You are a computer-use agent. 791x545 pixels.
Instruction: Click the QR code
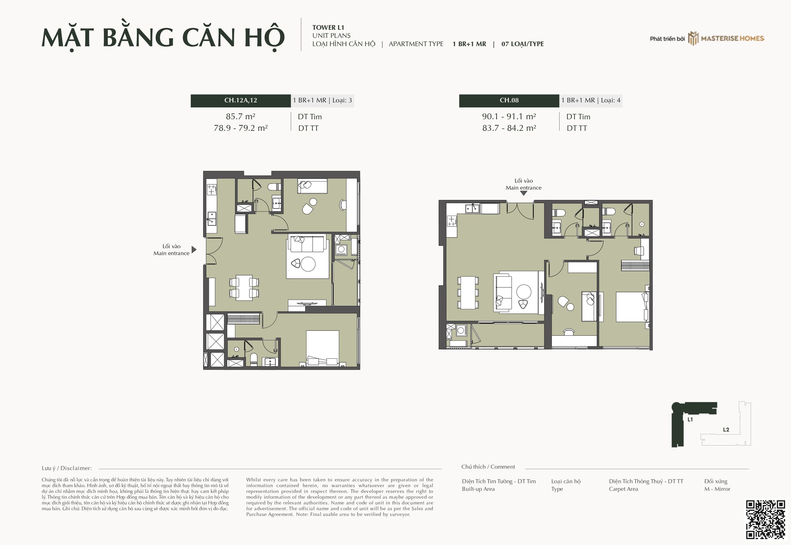click(765, 519)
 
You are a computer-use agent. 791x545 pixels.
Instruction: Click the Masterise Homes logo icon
click(693, 38)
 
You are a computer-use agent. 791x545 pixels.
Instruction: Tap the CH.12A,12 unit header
click(240, 101)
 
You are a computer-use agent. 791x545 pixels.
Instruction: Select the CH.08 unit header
click(509, 101)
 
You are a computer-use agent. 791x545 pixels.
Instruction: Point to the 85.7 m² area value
click(240, 116)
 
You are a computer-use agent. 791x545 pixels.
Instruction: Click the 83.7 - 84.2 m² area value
click(509, 128)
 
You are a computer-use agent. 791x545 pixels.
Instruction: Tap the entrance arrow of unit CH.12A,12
click(194, 250)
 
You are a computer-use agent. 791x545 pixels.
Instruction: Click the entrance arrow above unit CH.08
click(523, 193)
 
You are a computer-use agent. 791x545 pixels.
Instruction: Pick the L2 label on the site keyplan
click(726, 430)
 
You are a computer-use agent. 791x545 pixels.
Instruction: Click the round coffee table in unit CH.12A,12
click(308, 264)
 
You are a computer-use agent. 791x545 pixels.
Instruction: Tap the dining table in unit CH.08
click(468, 293)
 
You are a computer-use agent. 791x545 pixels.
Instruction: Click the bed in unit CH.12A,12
click(322, 348)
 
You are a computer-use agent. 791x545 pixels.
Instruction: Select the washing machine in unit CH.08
click(461, 330)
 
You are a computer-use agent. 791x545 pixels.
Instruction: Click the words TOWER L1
click(328, 27)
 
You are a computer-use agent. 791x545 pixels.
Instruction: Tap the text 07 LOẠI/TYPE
click(522, 44)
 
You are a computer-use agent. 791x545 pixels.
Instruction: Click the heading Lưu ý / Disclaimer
click(67, 468)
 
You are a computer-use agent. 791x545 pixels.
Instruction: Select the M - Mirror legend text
click(717, 489)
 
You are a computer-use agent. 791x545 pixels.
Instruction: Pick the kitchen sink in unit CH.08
click(472, 208)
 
